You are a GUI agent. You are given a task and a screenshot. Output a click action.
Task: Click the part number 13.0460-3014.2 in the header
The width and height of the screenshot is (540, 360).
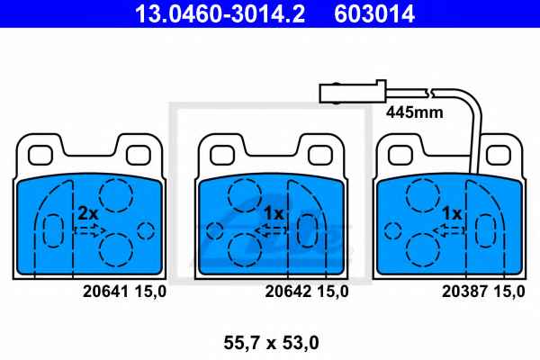pyautogui.click(x=220, y=13)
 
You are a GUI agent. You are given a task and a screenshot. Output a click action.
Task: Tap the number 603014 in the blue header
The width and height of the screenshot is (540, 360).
pyautogui.click(x=374, y=13)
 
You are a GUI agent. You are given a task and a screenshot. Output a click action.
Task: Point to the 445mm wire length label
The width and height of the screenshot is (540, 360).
pyautogui.click(x=415, y=112)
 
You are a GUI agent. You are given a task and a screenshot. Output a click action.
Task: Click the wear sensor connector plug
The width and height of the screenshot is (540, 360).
pyautogui.click(x=353, y=92)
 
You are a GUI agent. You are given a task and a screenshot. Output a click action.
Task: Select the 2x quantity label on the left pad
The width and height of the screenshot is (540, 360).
pyautogui.click(x=88, y=213)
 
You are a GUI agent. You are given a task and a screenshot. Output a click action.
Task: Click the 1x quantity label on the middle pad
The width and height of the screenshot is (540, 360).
pyautogui.click(x=274, y=213)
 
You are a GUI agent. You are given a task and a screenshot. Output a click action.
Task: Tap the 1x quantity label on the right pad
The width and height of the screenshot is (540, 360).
pyautogui.click(x=452, y=213)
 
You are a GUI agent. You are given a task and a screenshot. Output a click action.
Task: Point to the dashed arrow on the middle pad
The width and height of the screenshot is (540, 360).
pyautogui.click(x=272, y=230)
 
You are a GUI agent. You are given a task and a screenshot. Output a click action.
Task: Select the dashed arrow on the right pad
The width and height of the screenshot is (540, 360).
pyautogui.click(x=449, y=230)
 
